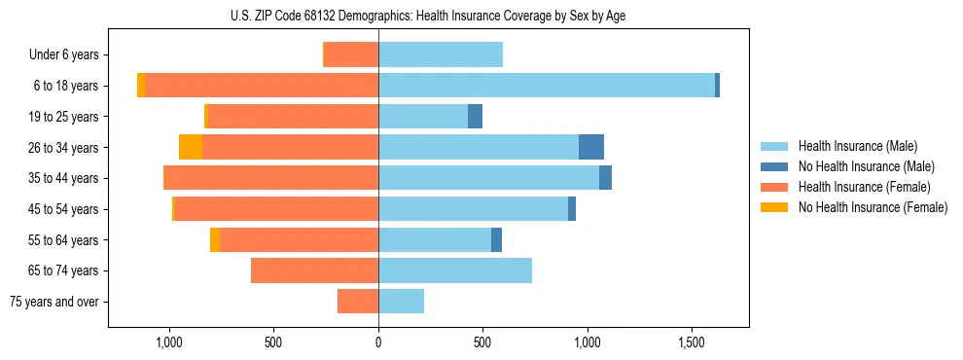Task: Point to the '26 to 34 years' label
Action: point(65,147)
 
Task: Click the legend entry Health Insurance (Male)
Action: point(857,146)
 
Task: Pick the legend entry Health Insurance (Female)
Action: point(865,187)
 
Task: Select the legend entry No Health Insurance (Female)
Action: point(873,207)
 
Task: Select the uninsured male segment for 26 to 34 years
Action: point(591,147)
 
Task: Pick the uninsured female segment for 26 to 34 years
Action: point(191,147)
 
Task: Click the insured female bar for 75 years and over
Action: point(358,302)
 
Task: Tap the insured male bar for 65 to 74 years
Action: point(455,270)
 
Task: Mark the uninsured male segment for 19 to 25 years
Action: point(475,117)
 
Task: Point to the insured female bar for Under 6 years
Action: point(351,54)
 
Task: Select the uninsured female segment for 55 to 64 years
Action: point(215,239)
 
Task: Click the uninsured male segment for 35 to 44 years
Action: point(605,178)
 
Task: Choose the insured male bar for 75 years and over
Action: point(401,302)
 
